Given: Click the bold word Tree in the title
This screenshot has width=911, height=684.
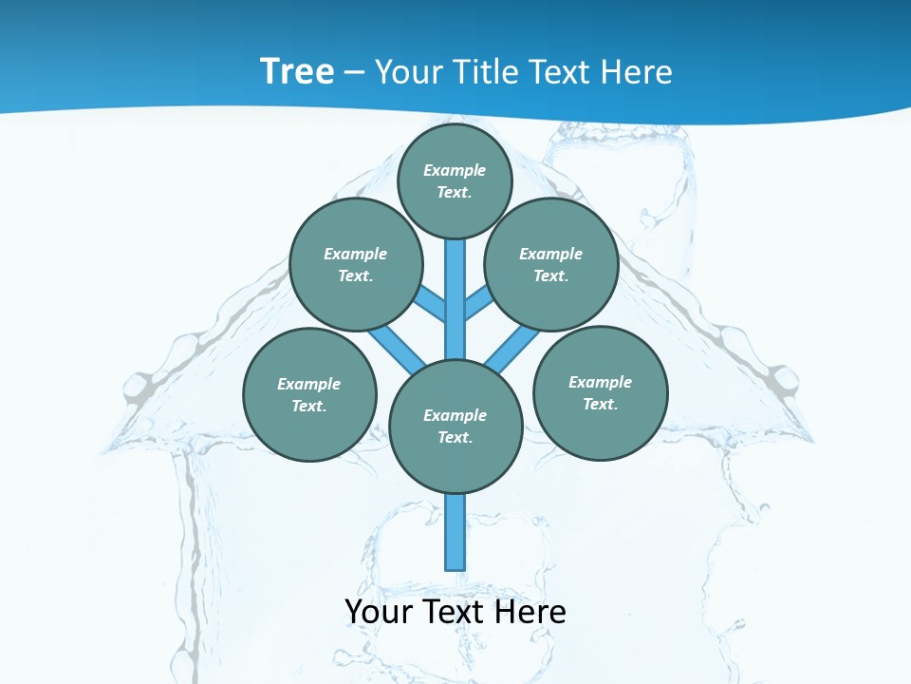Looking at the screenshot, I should click(297, 71).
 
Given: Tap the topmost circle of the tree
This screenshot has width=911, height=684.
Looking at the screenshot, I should click(455, 180).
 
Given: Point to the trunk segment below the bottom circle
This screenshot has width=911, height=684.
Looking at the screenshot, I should click(455, 532).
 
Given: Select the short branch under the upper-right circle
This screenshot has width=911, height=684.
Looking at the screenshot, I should click(477, 303).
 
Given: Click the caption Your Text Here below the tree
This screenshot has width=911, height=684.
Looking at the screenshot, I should click(455, 612).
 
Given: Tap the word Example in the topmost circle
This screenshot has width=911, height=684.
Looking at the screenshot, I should click(455, 170).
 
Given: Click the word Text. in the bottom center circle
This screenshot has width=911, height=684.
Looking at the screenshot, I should click(455, 437).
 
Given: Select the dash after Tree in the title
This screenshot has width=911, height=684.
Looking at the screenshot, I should click(354, 72).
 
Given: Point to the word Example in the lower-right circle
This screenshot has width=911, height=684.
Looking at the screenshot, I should click(600, 382).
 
